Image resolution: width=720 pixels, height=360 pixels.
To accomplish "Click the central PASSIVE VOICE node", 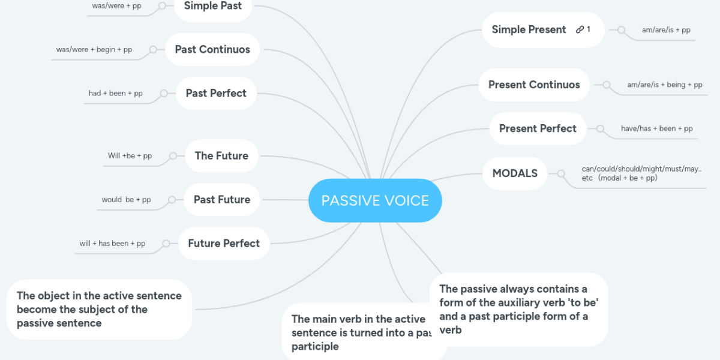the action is (x=375, y=200).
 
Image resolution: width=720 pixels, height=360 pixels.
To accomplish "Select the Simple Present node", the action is (x=543, y=30).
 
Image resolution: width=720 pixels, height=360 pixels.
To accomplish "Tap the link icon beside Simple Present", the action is (x=580, y=29).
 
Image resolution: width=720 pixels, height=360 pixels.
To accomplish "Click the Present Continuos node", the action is (x=534, y=85).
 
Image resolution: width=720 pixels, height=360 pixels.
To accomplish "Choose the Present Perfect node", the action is (x=538, y=128).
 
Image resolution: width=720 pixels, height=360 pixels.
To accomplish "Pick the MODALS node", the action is (x=515, y=173).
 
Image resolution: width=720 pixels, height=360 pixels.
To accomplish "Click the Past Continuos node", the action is (x=212, y=49).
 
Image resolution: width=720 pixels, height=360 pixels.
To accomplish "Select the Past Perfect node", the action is (x=216, y=93).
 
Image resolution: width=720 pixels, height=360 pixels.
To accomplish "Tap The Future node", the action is (x=221, y=156).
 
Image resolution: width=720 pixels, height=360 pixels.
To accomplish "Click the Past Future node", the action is (x=222, y=200).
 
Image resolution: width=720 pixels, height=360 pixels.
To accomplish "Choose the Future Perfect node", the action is (x=224, y=244).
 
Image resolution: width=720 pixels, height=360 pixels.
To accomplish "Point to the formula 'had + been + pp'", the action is (x=115, y=93).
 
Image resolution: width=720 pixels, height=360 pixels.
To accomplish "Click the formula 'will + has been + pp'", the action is (x=113, y=244).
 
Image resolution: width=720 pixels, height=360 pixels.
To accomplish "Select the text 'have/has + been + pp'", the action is (x=656, y=128).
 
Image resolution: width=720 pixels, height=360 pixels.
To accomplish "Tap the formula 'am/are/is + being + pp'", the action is (x=665, y=85).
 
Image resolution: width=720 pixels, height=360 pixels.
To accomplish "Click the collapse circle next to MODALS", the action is (x=561, y=173).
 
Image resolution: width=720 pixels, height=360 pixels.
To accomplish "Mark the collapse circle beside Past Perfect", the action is (x=164, y=93).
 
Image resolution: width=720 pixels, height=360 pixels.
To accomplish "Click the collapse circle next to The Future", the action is (x=173, y=156).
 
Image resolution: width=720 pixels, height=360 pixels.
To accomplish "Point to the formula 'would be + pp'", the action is (x=127, y=200).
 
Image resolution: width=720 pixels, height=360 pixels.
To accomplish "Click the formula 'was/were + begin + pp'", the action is (x=94, y=49).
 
